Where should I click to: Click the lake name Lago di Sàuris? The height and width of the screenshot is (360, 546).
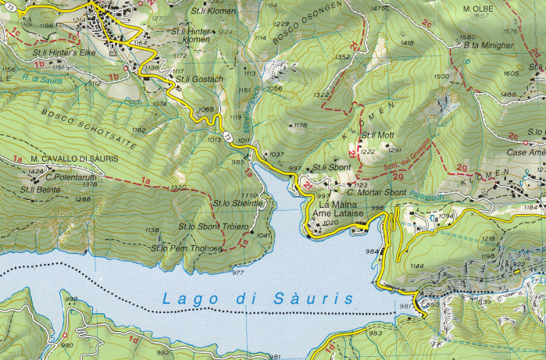tap(257, 298)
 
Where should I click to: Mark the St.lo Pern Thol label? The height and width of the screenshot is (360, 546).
tap(178, 248)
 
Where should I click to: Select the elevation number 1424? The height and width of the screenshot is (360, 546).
tap(36, 169)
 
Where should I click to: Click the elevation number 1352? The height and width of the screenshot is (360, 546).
tap(342, 57)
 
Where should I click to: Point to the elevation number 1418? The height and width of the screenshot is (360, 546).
tap(406, 44)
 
